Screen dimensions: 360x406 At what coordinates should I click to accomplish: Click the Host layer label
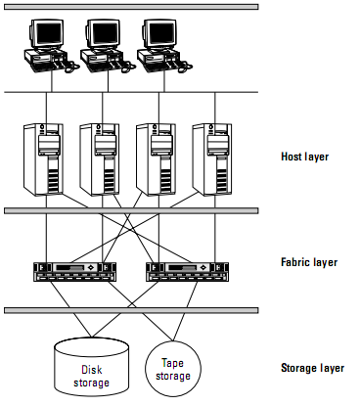[304, 157]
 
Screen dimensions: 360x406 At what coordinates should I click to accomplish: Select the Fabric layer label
[309, 262]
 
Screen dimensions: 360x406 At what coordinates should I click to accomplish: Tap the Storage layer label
[312, 368]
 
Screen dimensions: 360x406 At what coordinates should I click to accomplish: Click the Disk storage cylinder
[91, 367]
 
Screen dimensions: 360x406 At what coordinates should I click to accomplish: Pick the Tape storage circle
[173, 369]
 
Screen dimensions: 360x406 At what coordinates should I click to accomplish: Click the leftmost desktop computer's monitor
[47, 33]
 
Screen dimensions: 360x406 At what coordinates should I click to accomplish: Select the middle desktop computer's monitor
[103, 33]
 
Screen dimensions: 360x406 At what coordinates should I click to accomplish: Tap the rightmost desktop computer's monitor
[159, 33]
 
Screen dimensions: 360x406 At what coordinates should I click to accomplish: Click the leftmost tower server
[43, 159]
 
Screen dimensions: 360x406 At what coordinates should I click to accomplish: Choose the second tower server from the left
[100, 159]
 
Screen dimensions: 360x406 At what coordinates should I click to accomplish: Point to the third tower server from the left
[156, 159]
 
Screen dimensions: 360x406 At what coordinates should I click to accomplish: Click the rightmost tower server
[212, 159]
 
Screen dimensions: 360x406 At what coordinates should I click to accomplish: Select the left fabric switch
[75, 272]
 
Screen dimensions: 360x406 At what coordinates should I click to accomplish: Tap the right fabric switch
[187, 272]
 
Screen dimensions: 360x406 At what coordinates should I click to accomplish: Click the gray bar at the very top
[131, 7]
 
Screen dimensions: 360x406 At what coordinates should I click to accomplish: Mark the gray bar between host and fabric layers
[131, 211]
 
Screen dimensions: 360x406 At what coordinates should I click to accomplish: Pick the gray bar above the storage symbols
[131, 310]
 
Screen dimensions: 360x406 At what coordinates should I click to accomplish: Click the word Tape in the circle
[172, 363]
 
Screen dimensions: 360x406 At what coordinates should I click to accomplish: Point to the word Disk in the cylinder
[92, 370]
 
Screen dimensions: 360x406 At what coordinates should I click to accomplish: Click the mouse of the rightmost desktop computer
[185, 68]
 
